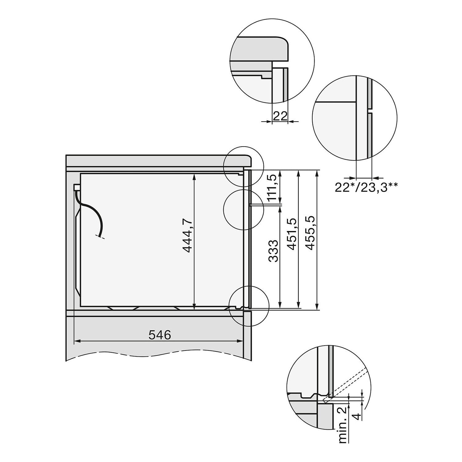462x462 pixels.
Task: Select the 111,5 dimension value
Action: tap(273, 187)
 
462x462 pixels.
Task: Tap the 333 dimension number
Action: tap(273, 251)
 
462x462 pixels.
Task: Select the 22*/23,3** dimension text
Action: tap(367, 187)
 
